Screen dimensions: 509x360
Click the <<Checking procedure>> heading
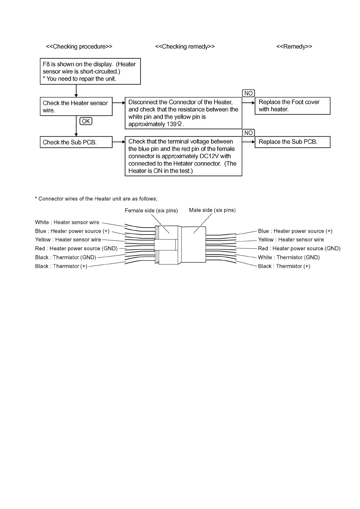pyautogui.click(x=79, y=47)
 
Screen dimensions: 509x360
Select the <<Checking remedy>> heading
pyautogui.click(x=185, y=47)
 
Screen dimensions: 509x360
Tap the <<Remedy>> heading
pyautogui.click(x=294, y=47)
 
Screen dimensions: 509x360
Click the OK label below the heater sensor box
pyautogui.click(x=86, y=121)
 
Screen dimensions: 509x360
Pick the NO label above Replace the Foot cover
pyautogui.click(x=248, y=93)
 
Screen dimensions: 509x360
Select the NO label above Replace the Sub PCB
pyautogui.click(x=248, y=133)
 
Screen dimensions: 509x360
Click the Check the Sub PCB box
pyautogui.click(x=76, y=142)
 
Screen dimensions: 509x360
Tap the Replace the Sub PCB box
pyautogui.click(x=292, y=142)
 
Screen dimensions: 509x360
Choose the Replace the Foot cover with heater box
pyautogui.click(x=292, y=106)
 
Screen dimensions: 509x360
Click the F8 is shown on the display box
pyautogui.click(x=90, y=71)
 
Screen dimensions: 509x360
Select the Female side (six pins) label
pyautogui.click(x=151, y=211)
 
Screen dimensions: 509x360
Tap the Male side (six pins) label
pyautogui.click(x=212, y=210)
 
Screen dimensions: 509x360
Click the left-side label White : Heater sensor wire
pyautogui.click(x=67, y=222)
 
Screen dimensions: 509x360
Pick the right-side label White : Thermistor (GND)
pyautogui.click(x=289, y=258)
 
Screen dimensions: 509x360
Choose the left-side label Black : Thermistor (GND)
pyautogui.click(x=66, y=258)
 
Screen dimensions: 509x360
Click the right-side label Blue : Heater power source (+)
pyautogui.click(x=295, y=231)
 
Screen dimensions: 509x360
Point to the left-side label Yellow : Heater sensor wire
pyautogui.click(x=68, y=240)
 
